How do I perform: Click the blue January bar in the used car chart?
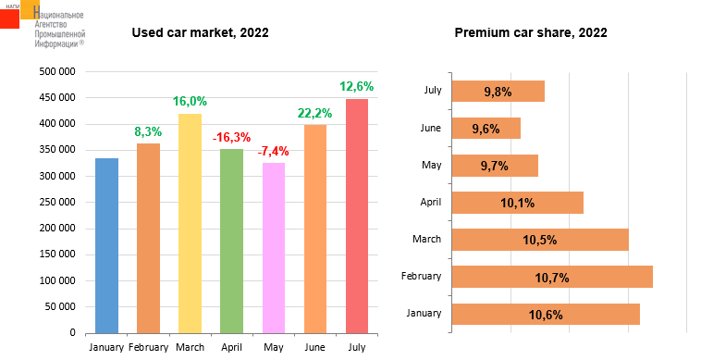pyautogui.click(x=107, y=245)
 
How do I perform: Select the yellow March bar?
pyautogui.click(x=190, y=224)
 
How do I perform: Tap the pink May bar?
pyautogui.click(x=274, y=248)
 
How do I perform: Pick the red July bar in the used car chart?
pyautogui.click(x=357, y=216)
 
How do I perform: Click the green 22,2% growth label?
pyautogui.click(x=314, y=113)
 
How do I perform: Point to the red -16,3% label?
pyautogui.click(x=231, y=137)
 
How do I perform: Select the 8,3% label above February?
pyautogui.click(x=148, y=132)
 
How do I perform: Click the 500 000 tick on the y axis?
pyautogui.click(x=57, y=71)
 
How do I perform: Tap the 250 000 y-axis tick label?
pyautogui.click(x=57, y=202)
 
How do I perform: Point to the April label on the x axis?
pyautogui.click(x=231, y=347)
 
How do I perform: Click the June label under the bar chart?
pyautogui.click(x=314, y=347)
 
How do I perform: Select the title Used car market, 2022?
pyautogui.click(x=201, y=32)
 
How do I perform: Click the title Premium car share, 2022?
pyautogui.click(x=531, y=32)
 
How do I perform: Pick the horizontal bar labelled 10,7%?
pyautogui.click(x=552, y=277)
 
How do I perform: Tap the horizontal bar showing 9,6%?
pyautogui.click(x=486, y=129)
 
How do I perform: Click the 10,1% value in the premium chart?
pyautogui.click(x=517, y=203)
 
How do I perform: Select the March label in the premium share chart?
pyautogui.click(x=426, y=239)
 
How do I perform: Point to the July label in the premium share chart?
pyautogui.click(x=433, y=90)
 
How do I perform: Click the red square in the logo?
pyautogui.click(x=9, y=19)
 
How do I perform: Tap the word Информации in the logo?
pyautogui.click(x=56, y=43)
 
